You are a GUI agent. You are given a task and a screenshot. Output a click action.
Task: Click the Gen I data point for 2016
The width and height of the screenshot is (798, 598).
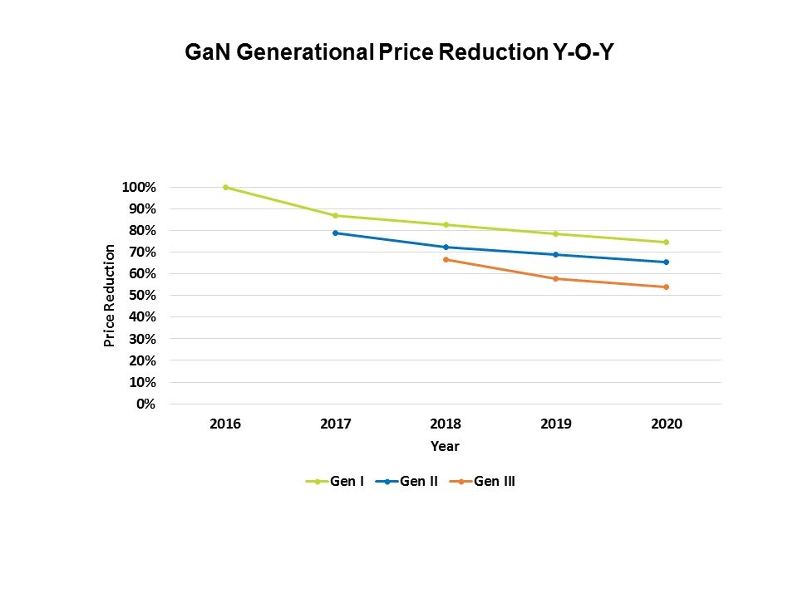click(225, 188)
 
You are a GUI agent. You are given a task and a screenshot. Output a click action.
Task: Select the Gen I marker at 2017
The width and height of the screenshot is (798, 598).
click(335, 216)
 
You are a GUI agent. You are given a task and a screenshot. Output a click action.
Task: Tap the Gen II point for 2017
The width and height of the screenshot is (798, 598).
click(335, 233)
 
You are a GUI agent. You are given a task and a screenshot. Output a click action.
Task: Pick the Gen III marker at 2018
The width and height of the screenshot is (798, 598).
click(446, 260)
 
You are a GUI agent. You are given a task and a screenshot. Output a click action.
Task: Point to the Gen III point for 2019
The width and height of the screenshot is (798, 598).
click(556, 279)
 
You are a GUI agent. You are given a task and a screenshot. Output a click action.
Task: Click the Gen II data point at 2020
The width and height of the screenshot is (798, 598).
click(666, 262)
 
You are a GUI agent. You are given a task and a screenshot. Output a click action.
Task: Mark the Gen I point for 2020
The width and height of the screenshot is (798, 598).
click(666, 243)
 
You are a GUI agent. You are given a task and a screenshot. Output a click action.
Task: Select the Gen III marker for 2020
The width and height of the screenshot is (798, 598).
click(666, 287)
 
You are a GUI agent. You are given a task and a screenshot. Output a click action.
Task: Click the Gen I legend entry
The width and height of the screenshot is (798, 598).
click(336, 481)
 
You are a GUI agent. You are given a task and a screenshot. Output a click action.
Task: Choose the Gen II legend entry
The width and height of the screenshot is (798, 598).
click(406, 481)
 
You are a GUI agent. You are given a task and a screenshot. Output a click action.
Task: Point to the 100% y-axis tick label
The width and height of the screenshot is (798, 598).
click(139, 188)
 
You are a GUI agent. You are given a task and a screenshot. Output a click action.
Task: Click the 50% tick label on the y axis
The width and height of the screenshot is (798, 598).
click(142, 296)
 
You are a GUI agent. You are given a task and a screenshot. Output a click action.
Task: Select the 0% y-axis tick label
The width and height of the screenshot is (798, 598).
click(145, 404)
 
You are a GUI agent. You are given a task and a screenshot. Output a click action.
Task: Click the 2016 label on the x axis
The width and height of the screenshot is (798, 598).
click(225, 424)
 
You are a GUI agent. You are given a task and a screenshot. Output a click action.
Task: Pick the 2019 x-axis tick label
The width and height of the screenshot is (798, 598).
click(556, 424)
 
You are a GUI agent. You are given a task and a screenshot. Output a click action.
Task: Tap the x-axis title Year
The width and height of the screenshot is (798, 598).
click(445, 447)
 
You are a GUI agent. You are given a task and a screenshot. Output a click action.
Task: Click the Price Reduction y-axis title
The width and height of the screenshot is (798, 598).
click(109, 296)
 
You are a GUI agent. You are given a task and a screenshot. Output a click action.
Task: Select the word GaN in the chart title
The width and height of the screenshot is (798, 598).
click(205, 54)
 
